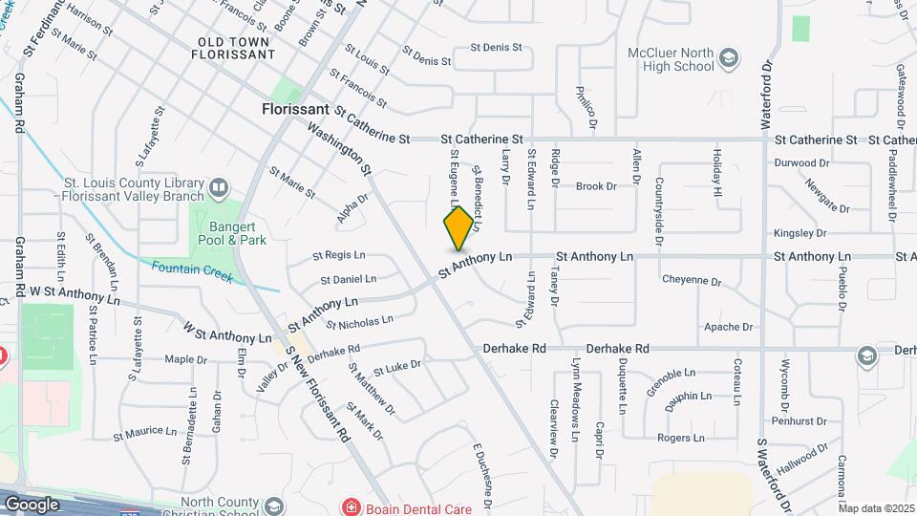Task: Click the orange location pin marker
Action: click(459, 227)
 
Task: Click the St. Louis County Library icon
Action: click(219, 186)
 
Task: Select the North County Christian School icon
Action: click(274, 505)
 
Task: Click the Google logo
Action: click(32, 504)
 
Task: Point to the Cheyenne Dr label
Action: click(691, 281)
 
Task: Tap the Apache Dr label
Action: click(727, 327)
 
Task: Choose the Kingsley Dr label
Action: click(800, 233)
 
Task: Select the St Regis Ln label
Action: click(340, 256)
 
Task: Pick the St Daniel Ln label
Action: click(348, 280)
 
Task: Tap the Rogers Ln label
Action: click(680, 438)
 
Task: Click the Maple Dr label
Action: click(185, 360)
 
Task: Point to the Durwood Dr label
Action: click(802, 163)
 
